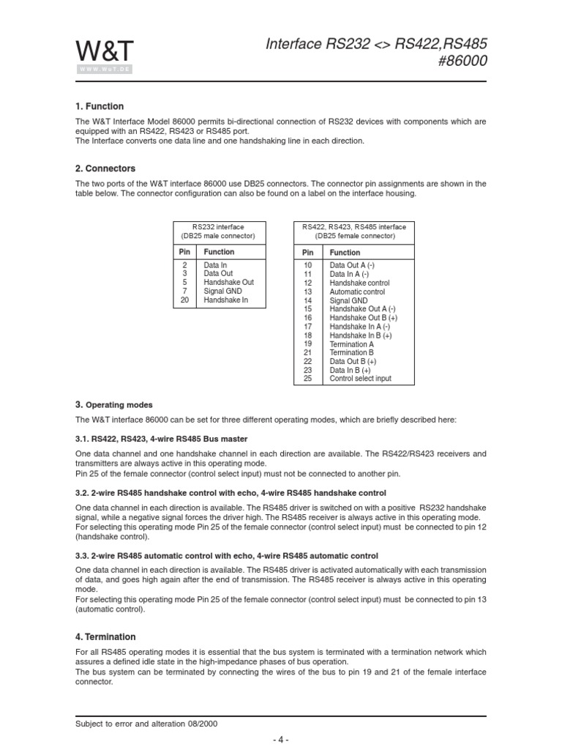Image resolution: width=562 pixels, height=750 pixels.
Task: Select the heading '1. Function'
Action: (x=100, y=106)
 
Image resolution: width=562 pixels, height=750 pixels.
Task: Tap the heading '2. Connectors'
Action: (x=105, y=168)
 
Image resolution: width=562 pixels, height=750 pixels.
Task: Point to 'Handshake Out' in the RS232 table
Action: (x=228, y=282)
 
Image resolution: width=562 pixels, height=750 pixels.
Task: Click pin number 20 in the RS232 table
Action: (x=184, y=300)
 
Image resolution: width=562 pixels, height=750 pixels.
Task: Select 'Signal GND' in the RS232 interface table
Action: (x=222, y=291)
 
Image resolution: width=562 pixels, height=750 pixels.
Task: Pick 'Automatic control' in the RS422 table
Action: (x=356, y=292)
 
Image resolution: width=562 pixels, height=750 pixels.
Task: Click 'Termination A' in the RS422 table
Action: (x=351, y=344)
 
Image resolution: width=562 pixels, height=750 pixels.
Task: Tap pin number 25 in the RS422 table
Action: (x=307, y=379)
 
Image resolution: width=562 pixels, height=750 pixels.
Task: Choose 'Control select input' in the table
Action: (x=360, y=379)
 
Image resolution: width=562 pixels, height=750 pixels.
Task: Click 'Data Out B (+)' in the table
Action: (x=353, y=361)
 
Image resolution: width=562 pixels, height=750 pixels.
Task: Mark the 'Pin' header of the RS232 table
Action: (x=184, y=252)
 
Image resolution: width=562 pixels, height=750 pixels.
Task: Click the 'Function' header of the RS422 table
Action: (x=345, y=253)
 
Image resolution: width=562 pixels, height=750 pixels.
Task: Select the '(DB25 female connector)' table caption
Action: (x=353, y=237)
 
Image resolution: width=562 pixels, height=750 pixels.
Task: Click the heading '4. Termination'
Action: (x=105, y=637)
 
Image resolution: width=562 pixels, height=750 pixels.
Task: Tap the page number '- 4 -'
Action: (x=281, y=740)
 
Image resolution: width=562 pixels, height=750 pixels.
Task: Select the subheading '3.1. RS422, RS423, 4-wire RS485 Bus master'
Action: (x=184, y=439)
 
